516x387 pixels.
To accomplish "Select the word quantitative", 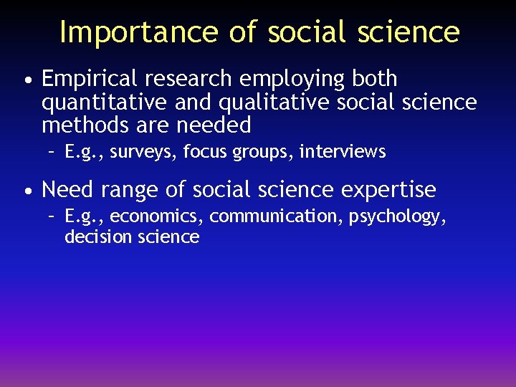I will [105, 103].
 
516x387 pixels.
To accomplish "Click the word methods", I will [82, 125].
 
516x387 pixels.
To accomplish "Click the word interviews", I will [343, 152].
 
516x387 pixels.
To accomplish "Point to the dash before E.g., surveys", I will [52, 152].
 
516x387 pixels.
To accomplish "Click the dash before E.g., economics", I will [52, 216].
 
